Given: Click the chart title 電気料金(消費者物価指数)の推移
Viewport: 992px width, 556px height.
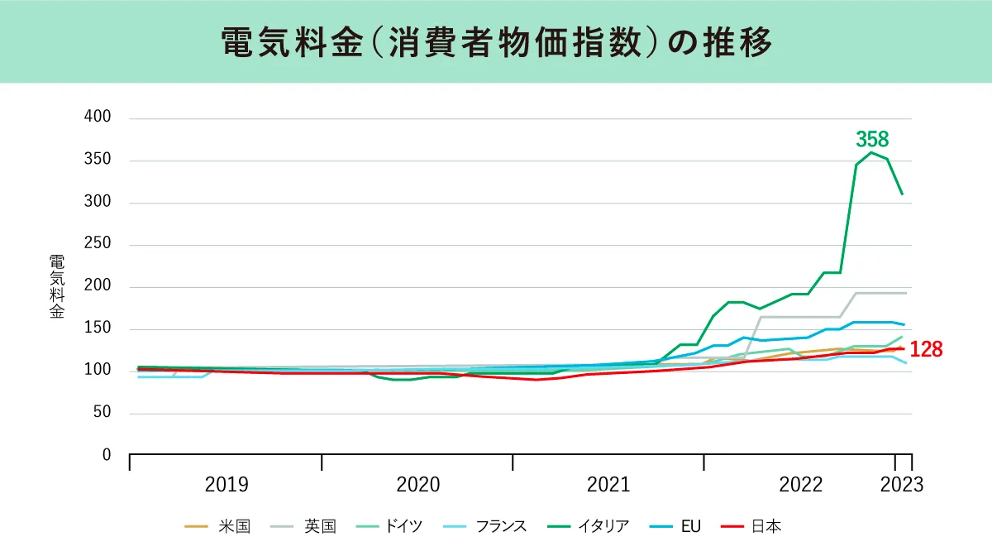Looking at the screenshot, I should [496, 42].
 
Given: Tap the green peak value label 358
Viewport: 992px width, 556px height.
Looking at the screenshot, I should [872, 139].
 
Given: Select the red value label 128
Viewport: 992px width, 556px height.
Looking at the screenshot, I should [926, 349].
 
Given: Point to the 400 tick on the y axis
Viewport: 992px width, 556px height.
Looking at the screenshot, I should [98, 117].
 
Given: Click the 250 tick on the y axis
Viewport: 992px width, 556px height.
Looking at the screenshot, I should [98, 245].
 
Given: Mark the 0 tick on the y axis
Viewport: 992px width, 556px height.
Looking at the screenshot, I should [105, 455].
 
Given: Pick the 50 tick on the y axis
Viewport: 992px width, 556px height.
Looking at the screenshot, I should [101, 413].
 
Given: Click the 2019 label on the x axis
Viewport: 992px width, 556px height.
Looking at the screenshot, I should [227, 485].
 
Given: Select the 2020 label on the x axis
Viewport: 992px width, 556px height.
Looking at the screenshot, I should [417, 485].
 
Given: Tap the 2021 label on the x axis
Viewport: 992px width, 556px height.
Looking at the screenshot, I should [608, 485].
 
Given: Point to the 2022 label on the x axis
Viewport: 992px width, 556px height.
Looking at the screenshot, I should [800, 485].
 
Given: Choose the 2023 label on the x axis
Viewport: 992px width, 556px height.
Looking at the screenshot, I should [901, 485].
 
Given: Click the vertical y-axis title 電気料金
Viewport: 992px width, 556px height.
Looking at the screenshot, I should [55, 286].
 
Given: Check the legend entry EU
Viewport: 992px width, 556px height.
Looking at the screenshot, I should [690, 526].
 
